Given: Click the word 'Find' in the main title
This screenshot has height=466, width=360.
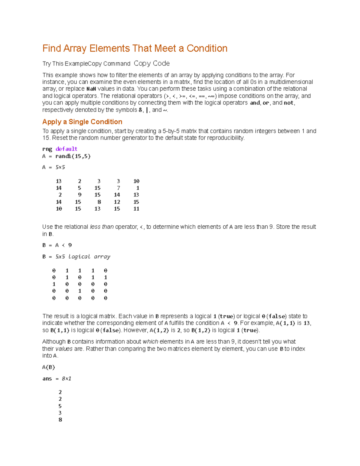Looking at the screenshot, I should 52,48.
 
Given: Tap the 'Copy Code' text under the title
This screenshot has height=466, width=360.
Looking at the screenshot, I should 151,63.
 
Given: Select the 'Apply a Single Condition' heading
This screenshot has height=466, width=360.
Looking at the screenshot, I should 82,122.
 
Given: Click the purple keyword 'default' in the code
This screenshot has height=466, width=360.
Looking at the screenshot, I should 66,149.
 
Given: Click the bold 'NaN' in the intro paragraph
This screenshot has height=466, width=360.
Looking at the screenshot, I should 91,89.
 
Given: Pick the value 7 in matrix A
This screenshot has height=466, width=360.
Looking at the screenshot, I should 118,188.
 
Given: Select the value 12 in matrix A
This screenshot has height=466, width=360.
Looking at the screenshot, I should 117,202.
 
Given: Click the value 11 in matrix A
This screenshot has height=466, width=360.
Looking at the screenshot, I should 136,209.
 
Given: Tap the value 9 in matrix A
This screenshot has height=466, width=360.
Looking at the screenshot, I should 79,195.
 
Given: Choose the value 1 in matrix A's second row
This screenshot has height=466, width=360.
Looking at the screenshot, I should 138,188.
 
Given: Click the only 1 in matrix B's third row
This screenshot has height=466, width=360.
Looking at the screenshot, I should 54,284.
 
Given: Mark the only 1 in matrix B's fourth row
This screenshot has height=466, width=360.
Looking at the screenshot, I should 80,291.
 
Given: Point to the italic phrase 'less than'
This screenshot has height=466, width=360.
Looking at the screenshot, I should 102,227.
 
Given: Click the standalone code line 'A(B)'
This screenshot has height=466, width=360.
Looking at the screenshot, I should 49,367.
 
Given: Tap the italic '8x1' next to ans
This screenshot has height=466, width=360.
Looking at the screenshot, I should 67,379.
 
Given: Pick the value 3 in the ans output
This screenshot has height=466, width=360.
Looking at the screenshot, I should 60,413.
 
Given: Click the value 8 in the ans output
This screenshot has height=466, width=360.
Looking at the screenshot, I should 60,420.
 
